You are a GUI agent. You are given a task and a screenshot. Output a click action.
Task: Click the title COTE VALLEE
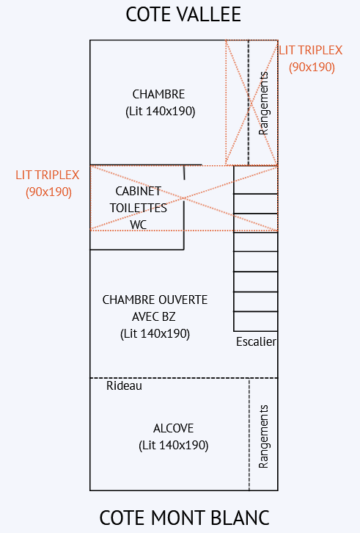[183, 15]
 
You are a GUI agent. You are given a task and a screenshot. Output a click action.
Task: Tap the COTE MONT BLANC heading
[185, 518]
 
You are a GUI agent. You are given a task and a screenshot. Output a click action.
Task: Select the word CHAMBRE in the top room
[158, 94]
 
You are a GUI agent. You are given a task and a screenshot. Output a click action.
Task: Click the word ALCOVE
[173, 428]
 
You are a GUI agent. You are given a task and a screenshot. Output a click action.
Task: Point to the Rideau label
[124, 386]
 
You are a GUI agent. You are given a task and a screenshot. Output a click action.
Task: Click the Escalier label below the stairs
[256, 341]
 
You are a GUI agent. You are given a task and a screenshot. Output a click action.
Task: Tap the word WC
[139, 225]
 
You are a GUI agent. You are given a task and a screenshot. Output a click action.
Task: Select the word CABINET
[139, 191]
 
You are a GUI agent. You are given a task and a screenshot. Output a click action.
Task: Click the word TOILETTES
[139, 208]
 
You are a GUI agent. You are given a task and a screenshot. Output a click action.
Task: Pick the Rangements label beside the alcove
[263, 437]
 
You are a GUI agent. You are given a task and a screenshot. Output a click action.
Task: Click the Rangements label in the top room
[263, 103]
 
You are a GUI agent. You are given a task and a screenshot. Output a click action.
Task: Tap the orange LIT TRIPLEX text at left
[47, 175]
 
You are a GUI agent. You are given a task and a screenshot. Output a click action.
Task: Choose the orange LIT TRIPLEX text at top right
[311, 51]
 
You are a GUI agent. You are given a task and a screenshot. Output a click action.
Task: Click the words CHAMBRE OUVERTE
[155, 300]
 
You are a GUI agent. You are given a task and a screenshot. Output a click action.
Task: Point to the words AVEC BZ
[154, 317]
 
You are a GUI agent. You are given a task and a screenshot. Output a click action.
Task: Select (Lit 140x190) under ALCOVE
[174, 446]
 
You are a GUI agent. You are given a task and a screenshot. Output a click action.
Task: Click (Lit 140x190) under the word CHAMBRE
[161, 111]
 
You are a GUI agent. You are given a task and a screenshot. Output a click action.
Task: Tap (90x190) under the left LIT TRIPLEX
[49, 192]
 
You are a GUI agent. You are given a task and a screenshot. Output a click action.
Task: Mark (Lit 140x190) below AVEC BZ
[155, 334]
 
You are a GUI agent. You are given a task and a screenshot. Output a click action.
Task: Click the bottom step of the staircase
[255, 322]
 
